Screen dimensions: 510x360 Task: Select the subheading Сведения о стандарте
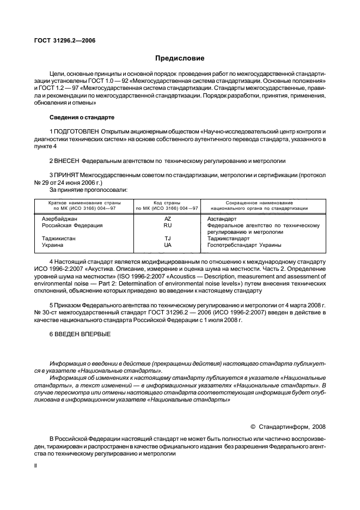[x=82, y=117]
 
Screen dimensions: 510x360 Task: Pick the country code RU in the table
[x=167, y=224]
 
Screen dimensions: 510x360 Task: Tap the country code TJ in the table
[x=167, y=238]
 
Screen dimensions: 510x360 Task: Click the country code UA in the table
[x=167, y=245]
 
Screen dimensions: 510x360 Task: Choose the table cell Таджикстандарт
[x=228, y=238]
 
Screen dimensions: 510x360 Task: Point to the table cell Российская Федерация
[x=69, y=224]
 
